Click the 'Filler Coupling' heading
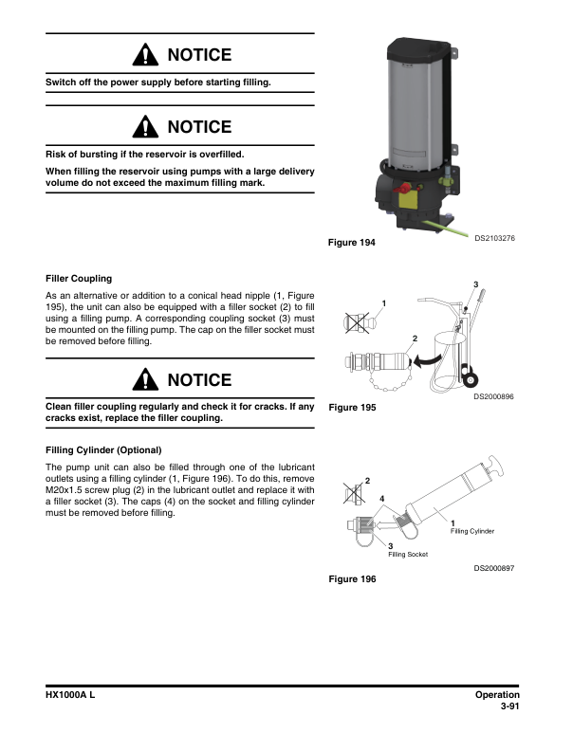79,279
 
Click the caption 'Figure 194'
351,243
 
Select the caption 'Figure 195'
351,408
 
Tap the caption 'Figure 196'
351,578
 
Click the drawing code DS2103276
494,237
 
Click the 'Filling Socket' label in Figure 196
408,554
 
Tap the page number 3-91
512,706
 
